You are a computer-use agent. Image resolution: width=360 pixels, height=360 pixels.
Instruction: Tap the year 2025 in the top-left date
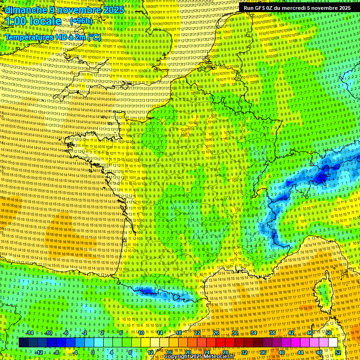(x=113, y=10)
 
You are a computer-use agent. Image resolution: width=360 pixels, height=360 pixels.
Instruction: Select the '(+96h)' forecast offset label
(x=81, y=21)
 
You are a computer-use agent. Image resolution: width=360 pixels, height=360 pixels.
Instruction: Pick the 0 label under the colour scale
(x=93, y=352)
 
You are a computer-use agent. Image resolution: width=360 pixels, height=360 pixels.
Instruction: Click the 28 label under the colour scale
(x=225, y=352)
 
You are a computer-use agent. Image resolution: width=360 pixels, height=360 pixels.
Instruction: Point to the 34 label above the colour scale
(x=253, y=333)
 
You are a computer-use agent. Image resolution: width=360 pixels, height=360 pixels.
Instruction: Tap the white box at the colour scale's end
(x=332, y=343)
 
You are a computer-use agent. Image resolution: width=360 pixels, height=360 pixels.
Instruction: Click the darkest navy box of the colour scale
(x=23, y=343)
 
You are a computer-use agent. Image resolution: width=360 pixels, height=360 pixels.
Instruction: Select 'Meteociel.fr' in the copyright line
(x=215, y=357)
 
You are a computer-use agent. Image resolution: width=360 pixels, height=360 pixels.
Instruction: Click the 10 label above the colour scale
(x=141, y=333)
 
